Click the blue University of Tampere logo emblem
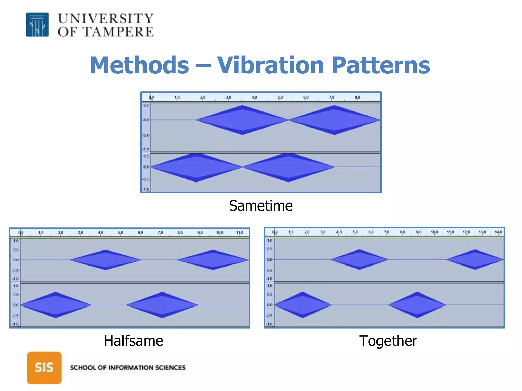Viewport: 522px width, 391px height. pyautogui.click(x=37, y=25)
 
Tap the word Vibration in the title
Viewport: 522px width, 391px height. pyautogui.click(x=270, y=65)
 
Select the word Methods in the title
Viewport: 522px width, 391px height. pyautogui.click(x=139, y=65)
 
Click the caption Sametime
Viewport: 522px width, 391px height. pyautogui.click(x=261, y=205)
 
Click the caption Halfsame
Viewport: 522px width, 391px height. pyautogui.click(x=133, y=341)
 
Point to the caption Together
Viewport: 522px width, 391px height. pyautogui.click(x=388, y=341)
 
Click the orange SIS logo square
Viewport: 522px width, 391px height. pyautogui.click(x=44, y=368)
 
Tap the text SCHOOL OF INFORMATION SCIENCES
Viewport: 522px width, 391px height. pyautogui.click(x=128, y=368)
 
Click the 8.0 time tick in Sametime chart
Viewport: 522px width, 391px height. pyautogui.click(x=357, y=97)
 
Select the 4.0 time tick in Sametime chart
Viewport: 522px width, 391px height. pyautogui.click(x=254, y=97)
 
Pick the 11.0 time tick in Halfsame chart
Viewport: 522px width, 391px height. pyautogui.click(x=239, y=232)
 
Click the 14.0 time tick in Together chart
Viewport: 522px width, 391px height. pyautogui.click(x=498, y=232)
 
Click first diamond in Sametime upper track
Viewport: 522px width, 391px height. pyautogui.click(x=242, y=120)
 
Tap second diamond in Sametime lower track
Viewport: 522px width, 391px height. pyautogui.click(x=288, y=167)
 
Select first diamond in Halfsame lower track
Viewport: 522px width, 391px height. pyautogui.click(x=56, y=305)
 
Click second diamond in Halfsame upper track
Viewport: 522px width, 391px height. pyautogui.click(x=213, y=260)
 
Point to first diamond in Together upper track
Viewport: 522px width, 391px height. pyautogui.click(x=359, y=259)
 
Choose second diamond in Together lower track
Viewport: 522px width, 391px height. pyautogui.click(x=417, y=305)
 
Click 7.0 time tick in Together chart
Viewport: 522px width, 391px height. pyautogui.click(x=386, y=232)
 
